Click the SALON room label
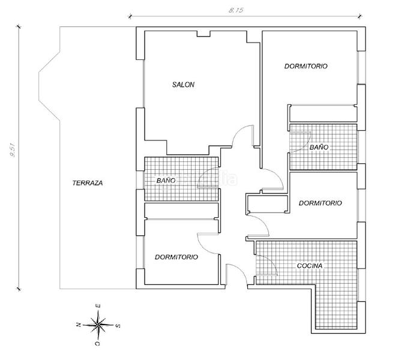pyautogui.click(x=183, y=85)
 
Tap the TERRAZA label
pyautogui.click(x=88, y=183)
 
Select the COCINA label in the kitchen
pyautogui.click(x=310, y=265)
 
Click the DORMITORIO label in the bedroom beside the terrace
pyautogui.click(x=176, y=257)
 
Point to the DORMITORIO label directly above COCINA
pyautogui.click(x=320, y=203)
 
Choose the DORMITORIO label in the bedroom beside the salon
pyautogui.click(x=306, y=67)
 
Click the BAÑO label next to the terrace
pyautogui.click(x=166, y=180)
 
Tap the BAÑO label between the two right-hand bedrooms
pyautogui.click(x=319, y=148)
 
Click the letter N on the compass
pyautogui.click(x=77, y=325)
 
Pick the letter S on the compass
pyautogui.click(x=118, y=326)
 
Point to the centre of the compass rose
pyautogui.click(x=98, y=325)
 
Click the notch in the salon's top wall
pyautogui.click(x=204, y=35)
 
